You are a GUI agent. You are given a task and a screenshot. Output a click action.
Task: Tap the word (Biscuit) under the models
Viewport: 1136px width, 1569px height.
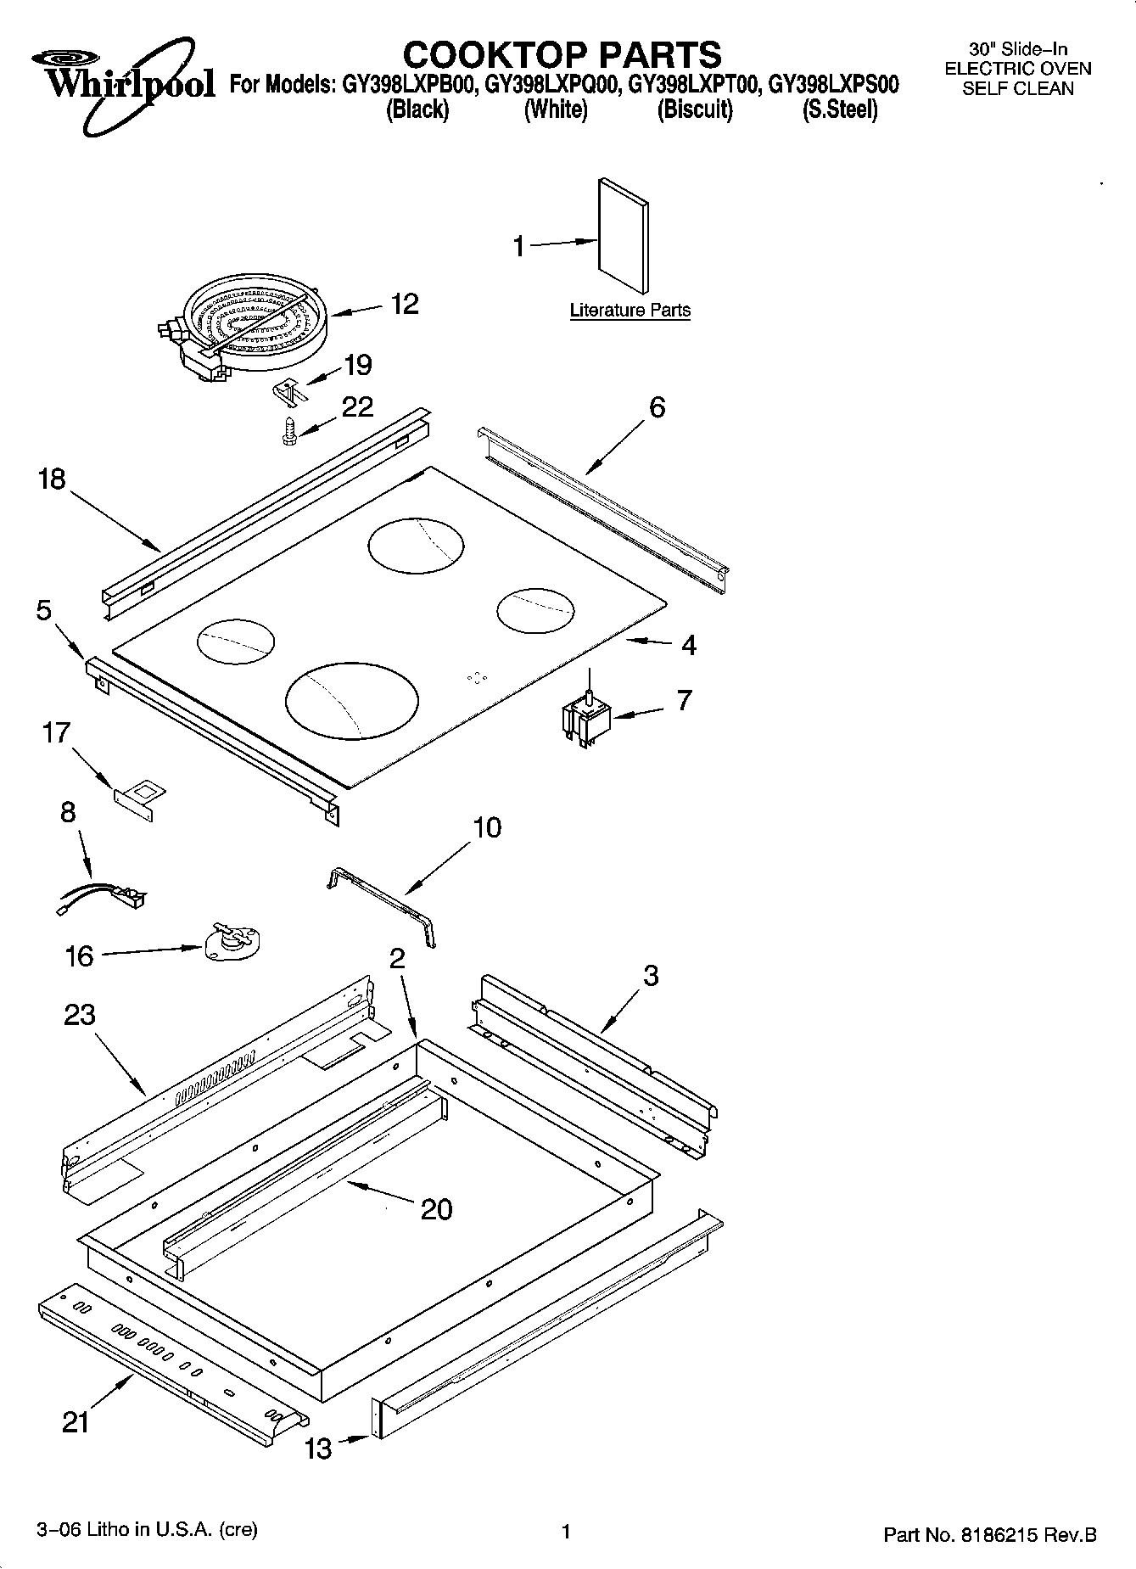click(x=694, y=109)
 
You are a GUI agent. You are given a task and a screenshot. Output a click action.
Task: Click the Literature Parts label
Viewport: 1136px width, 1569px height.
click(x=630, y=311)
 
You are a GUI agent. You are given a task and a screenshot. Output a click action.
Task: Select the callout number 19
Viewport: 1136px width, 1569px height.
click(x=357, y=365)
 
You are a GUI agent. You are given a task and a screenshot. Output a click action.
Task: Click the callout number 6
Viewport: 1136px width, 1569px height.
click(x=658, y=407)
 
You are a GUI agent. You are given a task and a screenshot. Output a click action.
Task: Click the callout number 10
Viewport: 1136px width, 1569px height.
click(x=486, y=827)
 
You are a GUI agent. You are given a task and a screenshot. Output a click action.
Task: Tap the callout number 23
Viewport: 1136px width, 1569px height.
click(x=80, y=1015)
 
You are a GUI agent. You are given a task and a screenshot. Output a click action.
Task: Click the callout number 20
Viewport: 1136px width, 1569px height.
click(x=437, y=1209)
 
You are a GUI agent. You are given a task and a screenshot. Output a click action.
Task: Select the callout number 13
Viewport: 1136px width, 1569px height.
click(x=318, y=1449)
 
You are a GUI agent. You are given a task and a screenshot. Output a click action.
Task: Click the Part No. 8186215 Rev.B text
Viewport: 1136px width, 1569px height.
click(x=989, y=1534)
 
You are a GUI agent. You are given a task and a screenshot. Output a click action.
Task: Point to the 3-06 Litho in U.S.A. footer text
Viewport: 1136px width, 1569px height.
click(x=147, y=1530)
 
